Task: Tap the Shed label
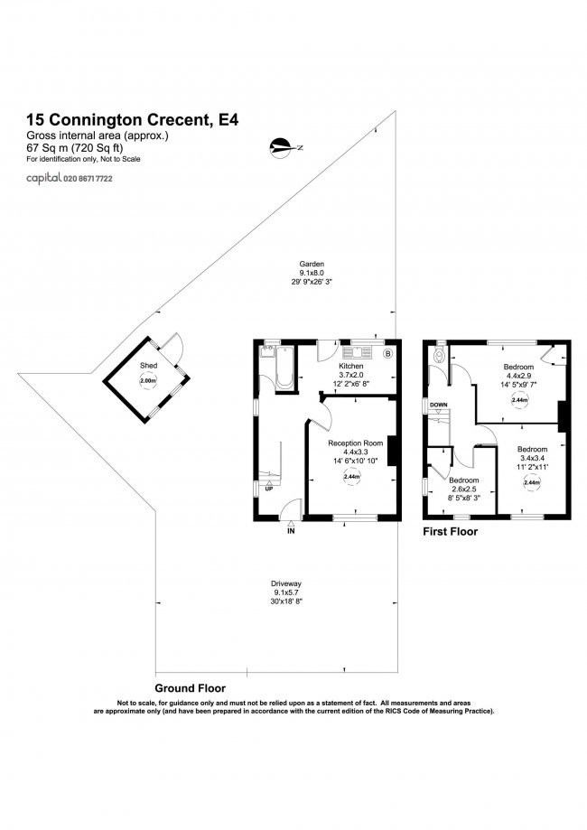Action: coord(148,365)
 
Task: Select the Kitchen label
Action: coord(351,366)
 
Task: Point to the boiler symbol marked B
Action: coord(387,353)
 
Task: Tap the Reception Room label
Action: coord(355,443)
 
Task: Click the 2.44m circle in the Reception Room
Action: coord(352,476)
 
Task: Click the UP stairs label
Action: coord(269,489)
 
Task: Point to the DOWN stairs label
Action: coord(439,405)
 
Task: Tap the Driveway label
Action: coord(287,583)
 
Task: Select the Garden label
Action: coord(312,264)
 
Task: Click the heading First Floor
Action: coord(451,531)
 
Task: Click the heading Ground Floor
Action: coord(190,688)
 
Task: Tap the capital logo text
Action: coord(44,179)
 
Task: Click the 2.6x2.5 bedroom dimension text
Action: coord(464,490)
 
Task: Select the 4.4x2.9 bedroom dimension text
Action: coord(518,376)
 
